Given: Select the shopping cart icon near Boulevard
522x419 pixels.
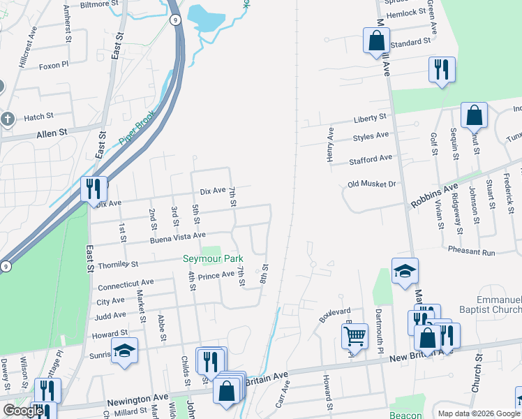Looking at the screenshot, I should (355, 336).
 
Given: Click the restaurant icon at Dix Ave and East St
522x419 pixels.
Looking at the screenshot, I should (92, 189).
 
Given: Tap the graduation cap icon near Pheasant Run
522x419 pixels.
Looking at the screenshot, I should (405, 271).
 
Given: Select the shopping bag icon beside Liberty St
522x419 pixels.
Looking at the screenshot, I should (474, 116).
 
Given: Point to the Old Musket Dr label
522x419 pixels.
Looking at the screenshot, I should (371, 184).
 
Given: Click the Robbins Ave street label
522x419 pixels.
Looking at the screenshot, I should (433, 193).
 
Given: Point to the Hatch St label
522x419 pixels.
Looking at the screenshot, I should (38, 117).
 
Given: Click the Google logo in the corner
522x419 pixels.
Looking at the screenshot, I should (23, 411).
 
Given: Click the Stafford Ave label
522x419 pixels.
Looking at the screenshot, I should (371, 159).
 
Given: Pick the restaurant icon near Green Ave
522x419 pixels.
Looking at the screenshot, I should (441, 69).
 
